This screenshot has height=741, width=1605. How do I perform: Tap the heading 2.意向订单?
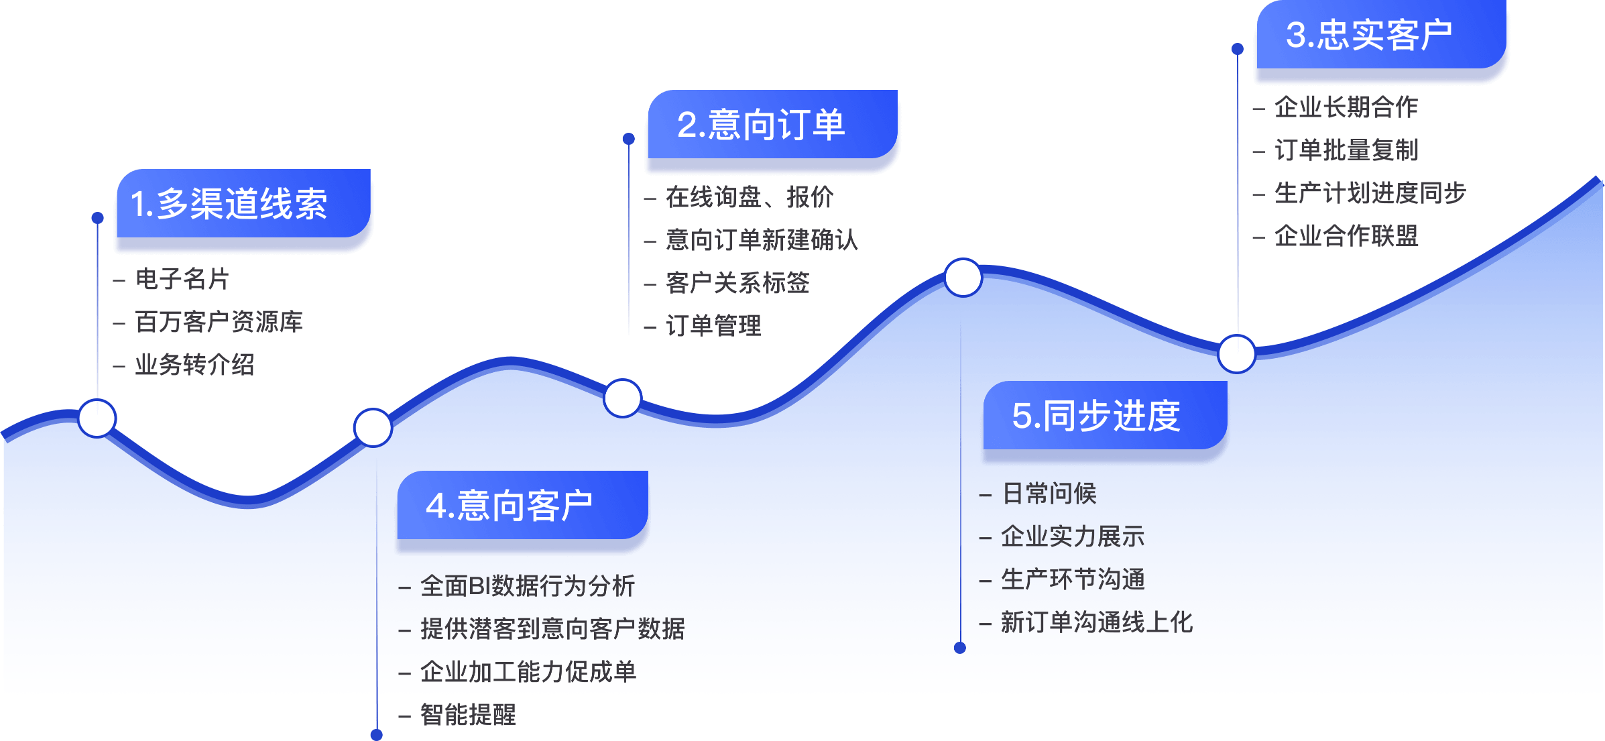761,125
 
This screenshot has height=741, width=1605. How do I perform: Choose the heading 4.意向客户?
510,506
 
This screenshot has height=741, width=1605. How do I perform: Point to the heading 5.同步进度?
1096,416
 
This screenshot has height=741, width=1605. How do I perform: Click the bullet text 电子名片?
182,279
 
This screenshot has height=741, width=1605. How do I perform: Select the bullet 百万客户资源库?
219,322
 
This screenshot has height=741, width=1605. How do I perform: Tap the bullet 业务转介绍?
194,365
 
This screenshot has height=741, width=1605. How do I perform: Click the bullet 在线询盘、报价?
750,197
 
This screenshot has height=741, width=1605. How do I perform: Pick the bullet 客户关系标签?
737,283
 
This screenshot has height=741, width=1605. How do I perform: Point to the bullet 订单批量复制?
1346,150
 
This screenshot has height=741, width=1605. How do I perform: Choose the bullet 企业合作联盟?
1346,236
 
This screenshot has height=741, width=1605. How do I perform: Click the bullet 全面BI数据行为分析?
528,586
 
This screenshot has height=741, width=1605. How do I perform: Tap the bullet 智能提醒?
468,715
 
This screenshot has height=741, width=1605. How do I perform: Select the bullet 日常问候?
1049,494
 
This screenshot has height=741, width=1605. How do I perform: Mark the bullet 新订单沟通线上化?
1097,622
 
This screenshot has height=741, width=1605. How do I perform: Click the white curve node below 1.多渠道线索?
97,418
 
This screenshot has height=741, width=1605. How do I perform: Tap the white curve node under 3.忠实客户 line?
1237,353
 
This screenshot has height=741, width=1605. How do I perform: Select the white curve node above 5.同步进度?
963,277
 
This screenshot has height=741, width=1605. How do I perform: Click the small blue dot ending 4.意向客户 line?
377,735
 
